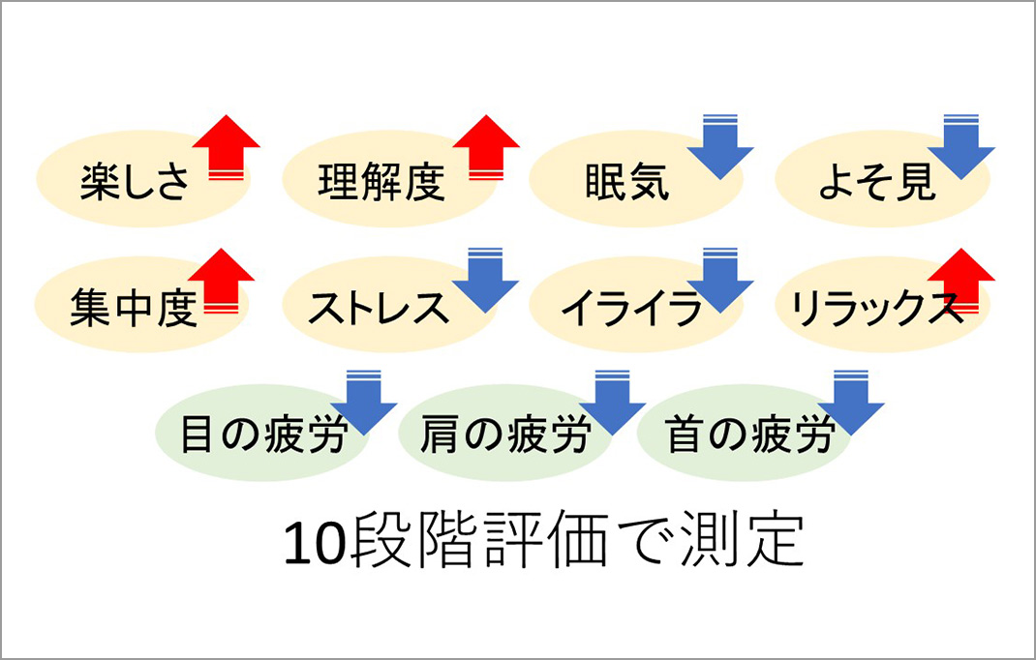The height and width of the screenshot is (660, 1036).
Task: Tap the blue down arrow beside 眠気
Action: (x=720, y=147)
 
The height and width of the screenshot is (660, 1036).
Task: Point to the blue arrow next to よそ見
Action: (x=961, y=147)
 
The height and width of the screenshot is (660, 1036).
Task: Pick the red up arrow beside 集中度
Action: (x=222, y=281)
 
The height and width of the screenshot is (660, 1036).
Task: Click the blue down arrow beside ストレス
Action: (x=486, y=281)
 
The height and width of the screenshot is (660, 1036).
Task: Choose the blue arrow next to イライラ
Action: (x=720, y=281)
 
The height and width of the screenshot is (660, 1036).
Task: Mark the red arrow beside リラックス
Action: (x=961, y=281)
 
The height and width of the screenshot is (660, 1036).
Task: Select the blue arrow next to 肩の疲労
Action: (x=612, y=403)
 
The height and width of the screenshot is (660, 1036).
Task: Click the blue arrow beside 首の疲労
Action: (x=851, y=403)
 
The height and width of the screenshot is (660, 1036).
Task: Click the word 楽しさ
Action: (x=135, y=182)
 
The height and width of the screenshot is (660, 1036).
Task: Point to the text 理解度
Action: (x=381, y=182)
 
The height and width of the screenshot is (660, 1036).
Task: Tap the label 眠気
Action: (x=627, y=182)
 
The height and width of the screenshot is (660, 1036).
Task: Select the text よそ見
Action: (x=877, y=182)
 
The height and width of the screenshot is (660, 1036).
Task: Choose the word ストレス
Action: (x=378, y=308)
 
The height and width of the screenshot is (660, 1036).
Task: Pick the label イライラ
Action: (x=631, y=308)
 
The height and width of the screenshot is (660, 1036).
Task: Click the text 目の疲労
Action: (x=263, y=435)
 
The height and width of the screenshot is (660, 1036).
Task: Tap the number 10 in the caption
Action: (x=315, y=545)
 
